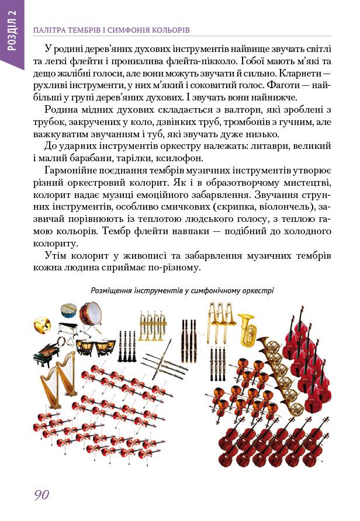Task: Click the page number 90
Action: [x=41, y=495]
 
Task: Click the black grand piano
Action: [x=47, y=353]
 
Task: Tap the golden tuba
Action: [x=247, y=329]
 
